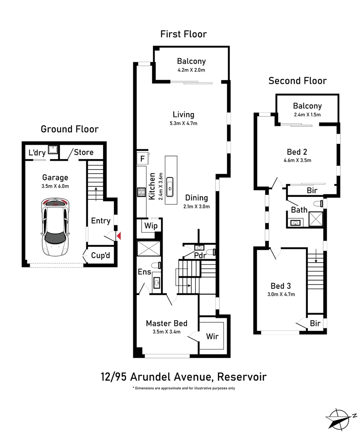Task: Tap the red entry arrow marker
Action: tap(118, 237)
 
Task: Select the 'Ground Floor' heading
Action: tap(69, 129)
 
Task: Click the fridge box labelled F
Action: tap(142, 158)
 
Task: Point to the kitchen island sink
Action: tap(170, 187)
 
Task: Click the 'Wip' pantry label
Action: tap(151, 225)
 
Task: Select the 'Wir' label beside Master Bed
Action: tap(212, 336)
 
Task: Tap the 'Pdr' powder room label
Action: tap(201, 255)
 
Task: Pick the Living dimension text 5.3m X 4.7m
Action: tap(183, 123)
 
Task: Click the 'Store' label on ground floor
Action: tap(83, 152)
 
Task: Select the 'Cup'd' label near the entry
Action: tap(100, 255)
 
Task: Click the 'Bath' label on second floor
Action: tap(299, 210)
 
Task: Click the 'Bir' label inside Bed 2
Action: tap(312, 190)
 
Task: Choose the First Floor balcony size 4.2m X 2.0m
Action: tap(191, 70)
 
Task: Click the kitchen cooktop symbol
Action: tap(141, 192)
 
